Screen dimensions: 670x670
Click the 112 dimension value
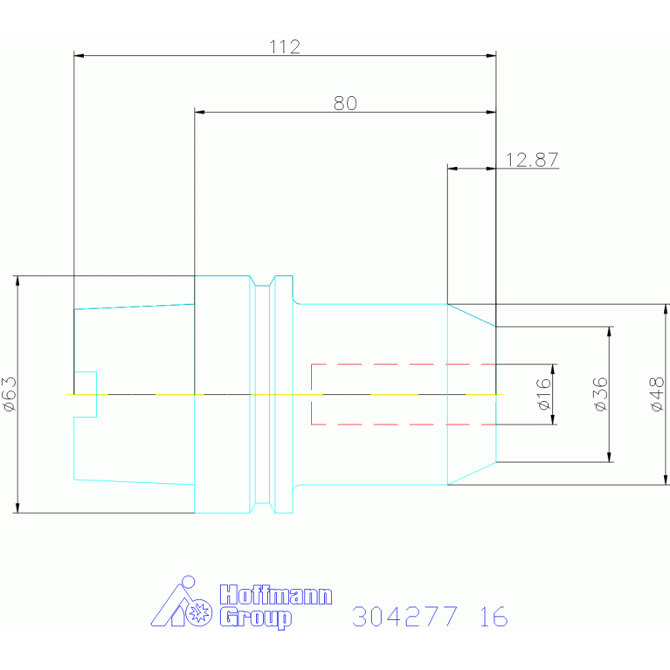[285, 46]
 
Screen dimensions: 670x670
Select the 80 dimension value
[345, 103]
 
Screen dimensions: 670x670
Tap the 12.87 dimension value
[532, 160]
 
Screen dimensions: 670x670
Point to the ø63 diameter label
[10, 394]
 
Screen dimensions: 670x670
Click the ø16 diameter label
[544, 394]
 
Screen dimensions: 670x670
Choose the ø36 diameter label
[601, 394]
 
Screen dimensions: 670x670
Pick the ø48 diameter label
[657, 394]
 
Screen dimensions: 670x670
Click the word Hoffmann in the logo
[276, 595]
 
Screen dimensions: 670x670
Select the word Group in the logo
[256, 618]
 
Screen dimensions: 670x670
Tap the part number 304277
[404, 616]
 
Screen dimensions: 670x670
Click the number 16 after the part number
[494, 616]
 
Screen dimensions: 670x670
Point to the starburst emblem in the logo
[199, 612]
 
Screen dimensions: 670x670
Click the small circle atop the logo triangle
[188, 582]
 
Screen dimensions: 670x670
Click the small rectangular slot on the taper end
[86, 394]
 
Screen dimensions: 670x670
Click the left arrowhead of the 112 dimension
[79, 56]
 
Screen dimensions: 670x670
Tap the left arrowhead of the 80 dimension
[199, 112]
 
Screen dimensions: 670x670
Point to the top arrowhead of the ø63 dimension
[17, 281]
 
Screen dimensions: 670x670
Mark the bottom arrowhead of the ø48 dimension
[666, 480]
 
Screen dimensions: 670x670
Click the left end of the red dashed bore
[312, 394]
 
